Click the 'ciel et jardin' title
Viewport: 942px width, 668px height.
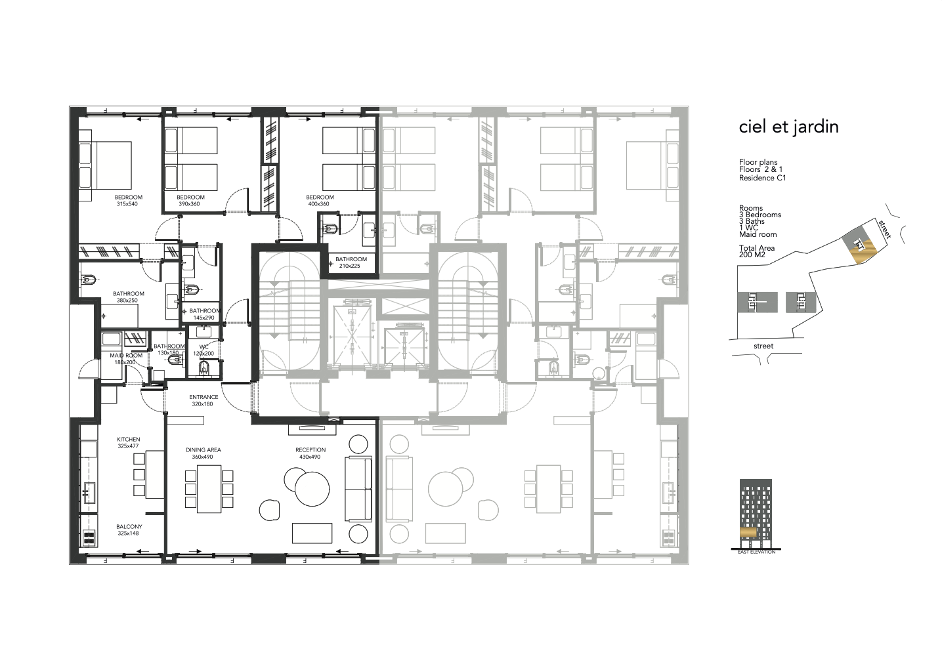point(788,127)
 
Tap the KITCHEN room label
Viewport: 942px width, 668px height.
point(128,439)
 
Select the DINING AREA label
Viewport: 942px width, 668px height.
point(203,450)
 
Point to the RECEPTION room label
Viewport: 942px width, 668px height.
point(310,450)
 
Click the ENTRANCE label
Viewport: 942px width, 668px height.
point(203,397)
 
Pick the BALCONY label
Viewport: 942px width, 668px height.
point(129,526)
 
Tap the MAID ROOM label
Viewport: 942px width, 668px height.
point(126,355)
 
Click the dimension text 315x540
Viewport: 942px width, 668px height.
point(127,204)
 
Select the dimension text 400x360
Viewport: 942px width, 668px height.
point(319,204)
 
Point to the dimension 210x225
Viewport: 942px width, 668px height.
point(350,266)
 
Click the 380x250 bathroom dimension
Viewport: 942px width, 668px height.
point(127,301)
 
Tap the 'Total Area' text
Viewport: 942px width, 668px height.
point(756,248)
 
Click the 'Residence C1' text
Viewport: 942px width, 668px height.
point(762,178)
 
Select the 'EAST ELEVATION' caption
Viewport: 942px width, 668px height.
point(756,552)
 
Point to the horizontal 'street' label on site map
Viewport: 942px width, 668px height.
point(763,346)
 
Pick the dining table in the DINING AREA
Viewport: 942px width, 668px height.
point(209,489)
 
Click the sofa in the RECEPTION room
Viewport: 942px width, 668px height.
point(358,489)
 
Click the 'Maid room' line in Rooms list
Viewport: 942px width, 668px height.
point(758,234)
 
